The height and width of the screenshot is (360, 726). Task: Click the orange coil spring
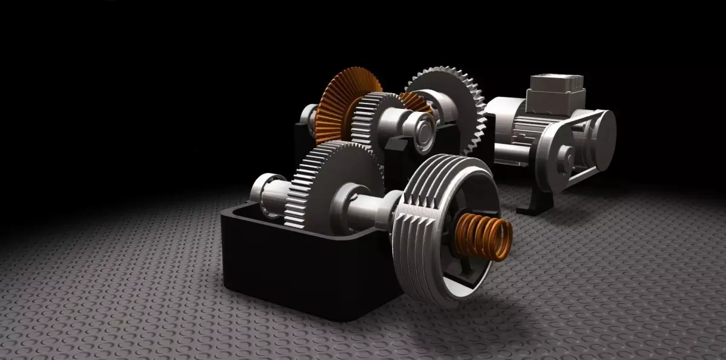coord(484,237)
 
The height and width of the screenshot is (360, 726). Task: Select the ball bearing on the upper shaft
coord(419,127)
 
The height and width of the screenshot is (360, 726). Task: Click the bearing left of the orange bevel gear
coord(310,118)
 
